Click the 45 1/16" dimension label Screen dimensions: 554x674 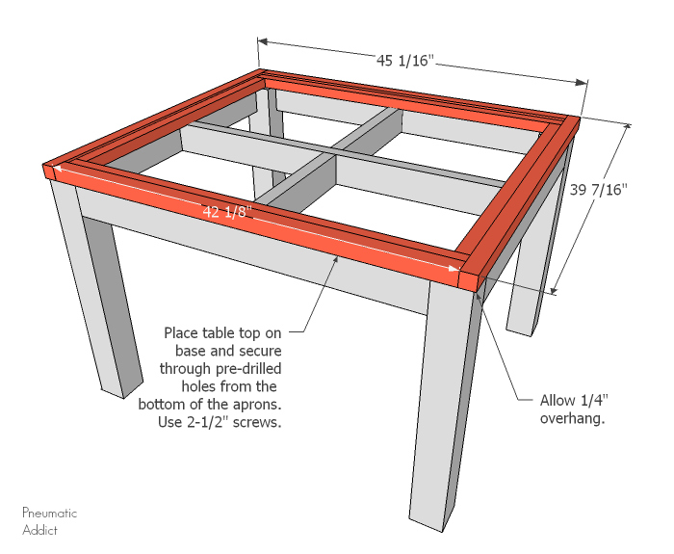(405, 61)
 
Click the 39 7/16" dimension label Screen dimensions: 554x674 (598, 190)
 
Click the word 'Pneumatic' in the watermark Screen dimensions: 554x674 (49, 514)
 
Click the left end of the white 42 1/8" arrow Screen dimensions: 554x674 (60, 171)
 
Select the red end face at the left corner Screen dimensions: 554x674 (50, 171)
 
